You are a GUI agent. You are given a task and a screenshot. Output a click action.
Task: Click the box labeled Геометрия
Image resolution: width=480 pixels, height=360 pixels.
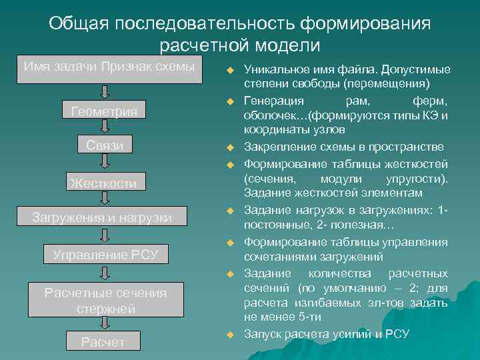104,111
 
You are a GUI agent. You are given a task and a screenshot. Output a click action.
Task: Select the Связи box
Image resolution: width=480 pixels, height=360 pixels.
104,145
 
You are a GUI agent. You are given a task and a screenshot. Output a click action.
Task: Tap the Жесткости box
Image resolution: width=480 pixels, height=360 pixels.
104,183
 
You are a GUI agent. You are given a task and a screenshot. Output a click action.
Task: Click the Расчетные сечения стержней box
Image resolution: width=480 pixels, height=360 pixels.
105,301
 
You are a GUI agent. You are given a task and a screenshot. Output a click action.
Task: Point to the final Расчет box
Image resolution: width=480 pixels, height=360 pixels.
103,342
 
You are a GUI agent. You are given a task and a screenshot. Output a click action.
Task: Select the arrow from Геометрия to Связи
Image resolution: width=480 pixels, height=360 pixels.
105,127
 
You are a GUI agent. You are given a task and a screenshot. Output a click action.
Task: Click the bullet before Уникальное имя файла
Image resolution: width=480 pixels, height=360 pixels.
229,70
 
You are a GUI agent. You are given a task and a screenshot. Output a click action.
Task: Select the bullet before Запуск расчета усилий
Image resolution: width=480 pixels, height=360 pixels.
229,334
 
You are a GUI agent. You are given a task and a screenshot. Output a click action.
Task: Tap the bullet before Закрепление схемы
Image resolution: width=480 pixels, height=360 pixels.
229,147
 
